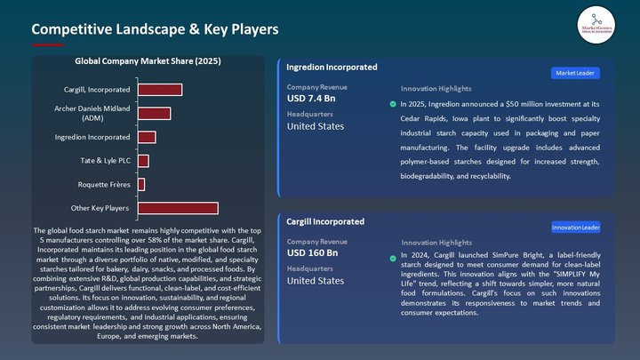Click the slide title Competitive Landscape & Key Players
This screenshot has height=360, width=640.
point(155,29)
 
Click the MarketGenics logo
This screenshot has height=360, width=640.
point(596,20)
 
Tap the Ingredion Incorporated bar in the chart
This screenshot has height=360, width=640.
point(147,137)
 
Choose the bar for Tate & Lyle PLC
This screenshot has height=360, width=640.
point(143,161)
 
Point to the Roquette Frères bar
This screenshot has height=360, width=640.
point(141,184)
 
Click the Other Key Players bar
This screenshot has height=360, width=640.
point(178,208)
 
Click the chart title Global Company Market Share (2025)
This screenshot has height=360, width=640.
point(148,62)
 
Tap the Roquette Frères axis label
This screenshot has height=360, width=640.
point(104,185)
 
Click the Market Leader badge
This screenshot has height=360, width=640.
point(575,72)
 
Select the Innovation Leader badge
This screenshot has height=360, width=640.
point(575,227)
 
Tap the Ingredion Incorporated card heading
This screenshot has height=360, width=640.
point(332,68)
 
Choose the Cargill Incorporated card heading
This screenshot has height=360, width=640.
point(325,221)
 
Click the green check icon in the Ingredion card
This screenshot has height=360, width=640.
point(393,104)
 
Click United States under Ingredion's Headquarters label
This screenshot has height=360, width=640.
point(315,126)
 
